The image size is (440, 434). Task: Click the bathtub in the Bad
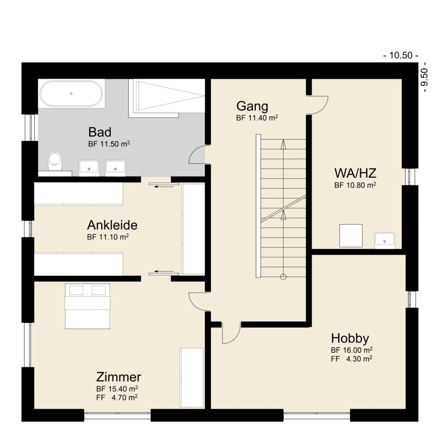(71, 93)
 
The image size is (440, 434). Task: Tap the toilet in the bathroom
(55, 160)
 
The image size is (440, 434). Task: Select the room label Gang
(252, 106)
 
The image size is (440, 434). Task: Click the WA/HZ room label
(355, 174)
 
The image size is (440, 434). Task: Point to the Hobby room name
(350, 338)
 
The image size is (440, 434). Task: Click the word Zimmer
(119, 377)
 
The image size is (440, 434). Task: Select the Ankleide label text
(112, 225)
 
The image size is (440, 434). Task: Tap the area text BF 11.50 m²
(109, 144)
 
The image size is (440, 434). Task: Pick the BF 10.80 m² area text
(355, 186)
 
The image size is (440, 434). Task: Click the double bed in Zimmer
(88, 306)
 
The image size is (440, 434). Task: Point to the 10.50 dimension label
(400, 55)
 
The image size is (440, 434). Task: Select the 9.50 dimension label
(425, 79)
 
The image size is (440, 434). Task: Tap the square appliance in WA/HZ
(351, 235)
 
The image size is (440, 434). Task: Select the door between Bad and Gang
(198, 155)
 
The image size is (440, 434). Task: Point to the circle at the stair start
(283, 277)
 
